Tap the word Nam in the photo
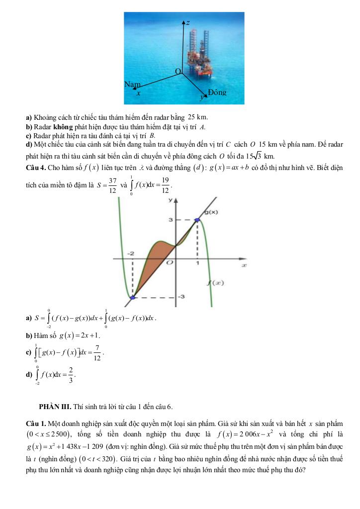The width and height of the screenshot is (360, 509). coord(132,85)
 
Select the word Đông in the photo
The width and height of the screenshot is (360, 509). coord(217,92)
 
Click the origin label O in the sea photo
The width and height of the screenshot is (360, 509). coord(178,73)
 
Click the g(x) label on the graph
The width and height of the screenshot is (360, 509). coord(212,212)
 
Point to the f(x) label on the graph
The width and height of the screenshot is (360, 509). coord(215,283)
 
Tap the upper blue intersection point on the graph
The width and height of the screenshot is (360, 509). coord(197,219)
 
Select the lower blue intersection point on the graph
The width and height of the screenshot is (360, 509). coord(132,298)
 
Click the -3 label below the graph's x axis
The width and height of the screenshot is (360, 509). coord(181,297)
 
